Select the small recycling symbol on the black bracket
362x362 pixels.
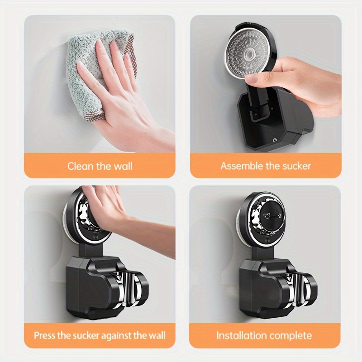coord(274,140)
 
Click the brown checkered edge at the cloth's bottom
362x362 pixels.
coord(94,115)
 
